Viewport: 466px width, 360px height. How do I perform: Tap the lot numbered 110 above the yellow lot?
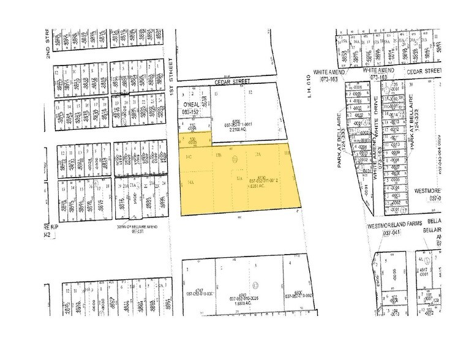pos(191,126)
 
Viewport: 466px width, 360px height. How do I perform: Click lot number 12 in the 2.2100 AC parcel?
pos(252,92)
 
